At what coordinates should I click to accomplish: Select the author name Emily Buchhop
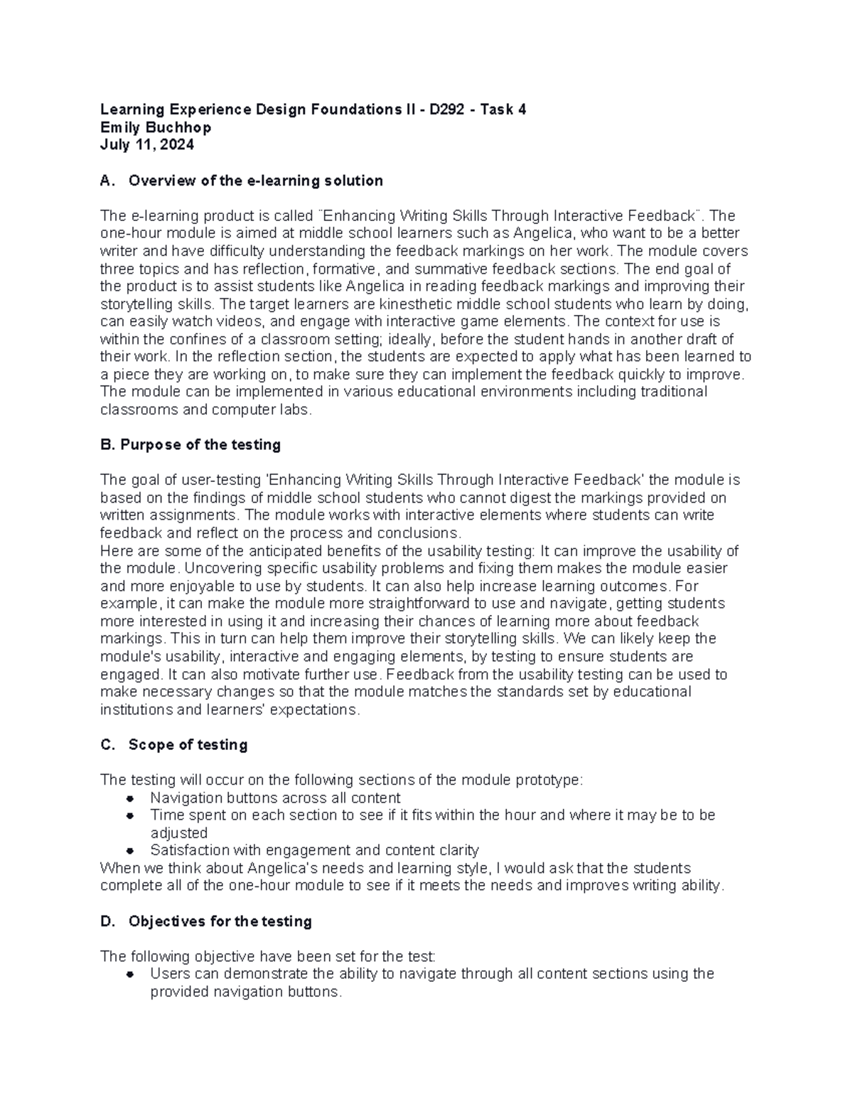(x=156, y=127)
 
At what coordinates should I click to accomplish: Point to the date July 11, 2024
(x=147, y=145)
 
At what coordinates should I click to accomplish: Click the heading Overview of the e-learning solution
(x=255, y=181)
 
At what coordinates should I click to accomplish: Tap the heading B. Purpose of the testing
(x=191, y=445)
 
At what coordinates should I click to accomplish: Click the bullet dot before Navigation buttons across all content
(x=129, y=798)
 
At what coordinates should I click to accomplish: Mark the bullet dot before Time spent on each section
(x=129, y=815)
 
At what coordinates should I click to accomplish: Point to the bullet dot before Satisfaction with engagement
(x=129, y=851)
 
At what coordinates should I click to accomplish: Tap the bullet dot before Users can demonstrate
(x=129, y=974)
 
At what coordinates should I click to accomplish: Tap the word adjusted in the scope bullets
(x=178, y=833)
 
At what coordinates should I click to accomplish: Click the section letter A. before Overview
(x=107, y=181)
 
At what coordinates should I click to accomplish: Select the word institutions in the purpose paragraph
(x=135, y=709)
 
